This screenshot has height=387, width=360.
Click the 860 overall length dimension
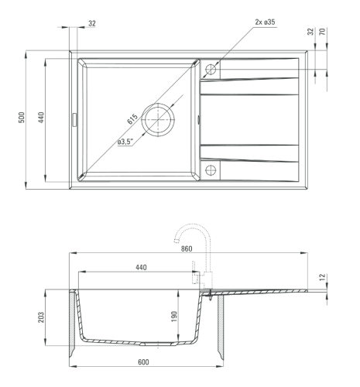[187, 248]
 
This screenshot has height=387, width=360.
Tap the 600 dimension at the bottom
[143, 362]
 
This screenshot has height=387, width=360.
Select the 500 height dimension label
[22, 118]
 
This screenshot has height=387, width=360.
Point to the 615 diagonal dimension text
[132, 119]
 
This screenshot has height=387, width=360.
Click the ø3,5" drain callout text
[125, 142]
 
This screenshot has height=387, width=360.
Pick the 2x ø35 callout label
[265, 22]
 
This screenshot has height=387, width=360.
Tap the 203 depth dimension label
[41, 317]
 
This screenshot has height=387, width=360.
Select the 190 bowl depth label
[174, 317]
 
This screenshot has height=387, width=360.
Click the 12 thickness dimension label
[323, 277]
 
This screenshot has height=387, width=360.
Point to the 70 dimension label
[323, 32]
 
